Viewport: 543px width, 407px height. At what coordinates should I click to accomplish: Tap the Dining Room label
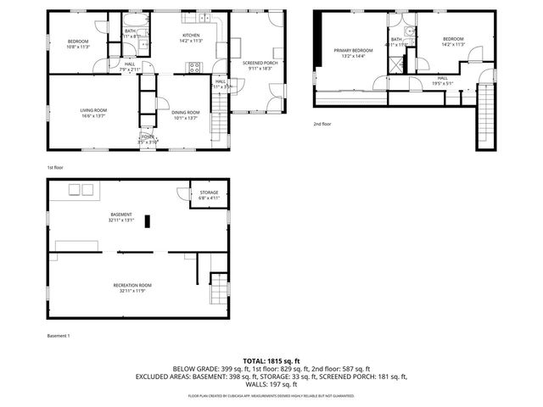pos(185,114)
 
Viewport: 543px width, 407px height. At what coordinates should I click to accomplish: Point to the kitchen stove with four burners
pos(195,69)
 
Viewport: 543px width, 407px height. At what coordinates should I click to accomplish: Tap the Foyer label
pos(148,139)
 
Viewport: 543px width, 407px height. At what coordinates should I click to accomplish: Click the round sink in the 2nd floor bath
pos(407,31)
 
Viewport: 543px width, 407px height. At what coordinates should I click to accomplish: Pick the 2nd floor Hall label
pos(442,81)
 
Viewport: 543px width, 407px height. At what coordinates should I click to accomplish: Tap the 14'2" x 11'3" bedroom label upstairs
pos(452,41)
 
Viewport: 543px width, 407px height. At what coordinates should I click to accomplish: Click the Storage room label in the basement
pos(209,195)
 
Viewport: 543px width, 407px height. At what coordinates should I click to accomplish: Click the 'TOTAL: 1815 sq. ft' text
pos(271,360)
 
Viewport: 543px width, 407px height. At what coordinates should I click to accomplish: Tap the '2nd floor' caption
pos(322,124)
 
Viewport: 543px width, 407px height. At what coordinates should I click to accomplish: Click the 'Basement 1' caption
pos(59,336)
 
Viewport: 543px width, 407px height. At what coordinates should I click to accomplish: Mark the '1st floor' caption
pos(57,167)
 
